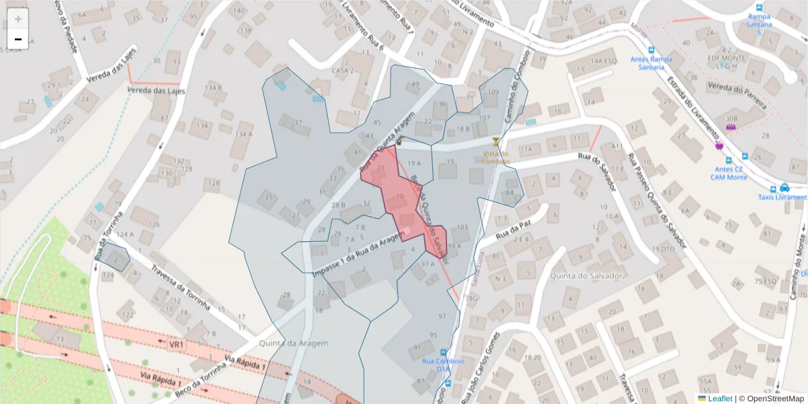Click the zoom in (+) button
click(18, 19)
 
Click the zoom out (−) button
click(18, 39)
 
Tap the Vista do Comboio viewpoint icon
click(496, 141)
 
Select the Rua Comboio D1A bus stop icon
click(442, 352)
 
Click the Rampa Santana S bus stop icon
click(759, 16)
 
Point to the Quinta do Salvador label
click(584, 275)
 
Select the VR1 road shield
click(176, 345)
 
